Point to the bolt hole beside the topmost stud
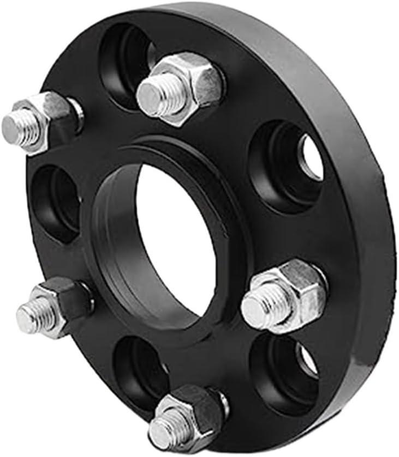[123, 60]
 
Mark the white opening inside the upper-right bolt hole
[311, 158]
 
